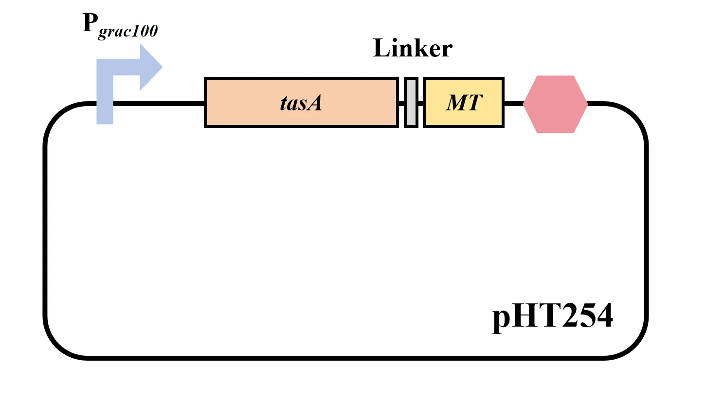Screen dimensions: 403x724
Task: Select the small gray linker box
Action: pos(411,103)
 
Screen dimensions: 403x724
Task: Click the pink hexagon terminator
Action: pos(556,104)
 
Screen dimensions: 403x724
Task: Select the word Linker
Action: pos(413,48)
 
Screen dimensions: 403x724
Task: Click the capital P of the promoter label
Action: pos(90,22)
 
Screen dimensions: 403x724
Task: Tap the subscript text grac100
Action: pos(128,31)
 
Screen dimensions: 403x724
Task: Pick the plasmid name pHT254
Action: pos(552,316)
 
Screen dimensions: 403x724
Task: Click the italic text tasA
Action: pos(301,103)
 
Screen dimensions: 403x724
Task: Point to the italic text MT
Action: pos(464,103)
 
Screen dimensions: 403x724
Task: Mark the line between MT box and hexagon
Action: pos(513,103)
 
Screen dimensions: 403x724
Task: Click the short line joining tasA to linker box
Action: pos(401,103)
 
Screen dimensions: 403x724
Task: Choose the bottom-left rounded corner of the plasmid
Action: pos(57,346)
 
